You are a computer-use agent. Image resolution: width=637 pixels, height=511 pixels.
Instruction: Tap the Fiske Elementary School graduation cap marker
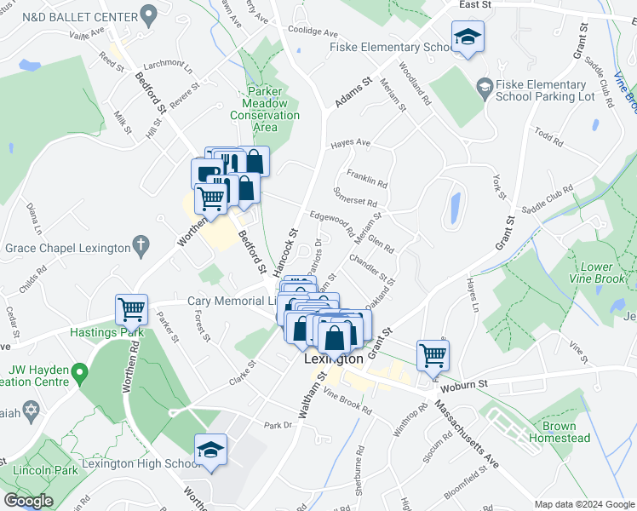coord(467,38)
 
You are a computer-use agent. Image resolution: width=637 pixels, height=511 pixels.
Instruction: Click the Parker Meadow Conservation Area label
coord(265,109)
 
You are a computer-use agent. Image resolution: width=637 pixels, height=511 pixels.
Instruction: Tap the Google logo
coord(28,501)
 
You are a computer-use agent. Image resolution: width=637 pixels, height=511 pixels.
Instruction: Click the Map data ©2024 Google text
coord(584,504)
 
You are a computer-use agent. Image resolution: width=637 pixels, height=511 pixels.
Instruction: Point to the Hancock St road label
coord(287,252)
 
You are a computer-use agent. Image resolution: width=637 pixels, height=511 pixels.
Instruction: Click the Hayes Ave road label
coord(351,143)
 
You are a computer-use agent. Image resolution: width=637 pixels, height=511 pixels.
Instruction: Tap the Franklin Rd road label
coord(366,182)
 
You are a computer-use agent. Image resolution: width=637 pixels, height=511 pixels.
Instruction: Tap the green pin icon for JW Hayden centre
coord(79,372)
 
